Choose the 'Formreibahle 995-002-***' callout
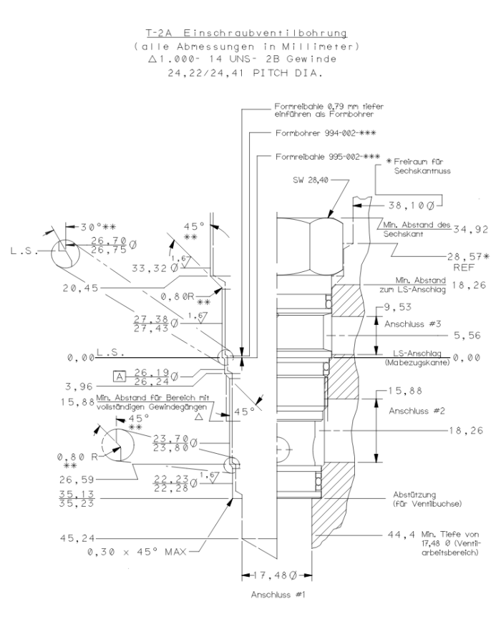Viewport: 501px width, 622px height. pos(327,157)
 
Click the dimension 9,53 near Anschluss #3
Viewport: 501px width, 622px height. pos(402,307)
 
